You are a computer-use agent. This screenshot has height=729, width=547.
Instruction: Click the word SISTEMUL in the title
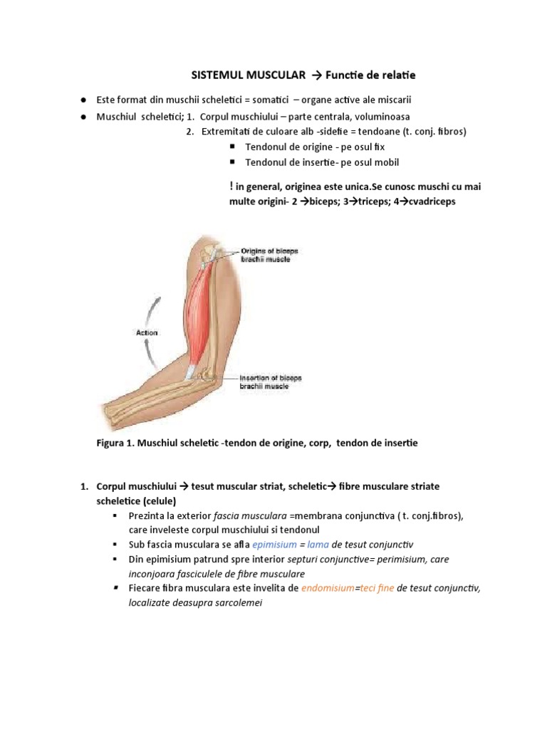tap(217, 75)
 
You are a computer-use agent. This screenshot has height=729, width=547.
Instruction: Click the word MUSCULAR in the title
tap(275, 75)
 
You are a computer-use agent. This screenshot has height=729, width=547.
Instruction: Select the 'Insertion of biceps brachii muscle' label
tap(270, 382)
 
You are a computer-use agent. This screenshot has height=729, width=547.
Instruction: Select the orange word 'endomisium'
tap(328, 589)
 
